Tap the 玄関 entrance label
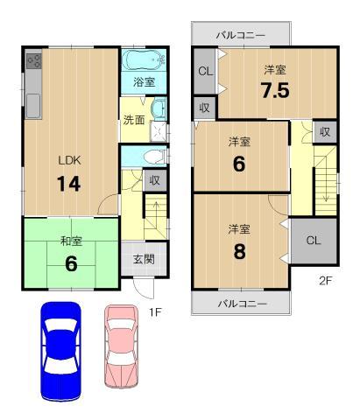[x=144, y=260]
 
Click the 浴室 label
[x=144, y=82]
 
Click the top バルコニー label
[x=242, y=35]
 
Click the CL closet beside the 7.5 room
[x=204, y=72]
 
